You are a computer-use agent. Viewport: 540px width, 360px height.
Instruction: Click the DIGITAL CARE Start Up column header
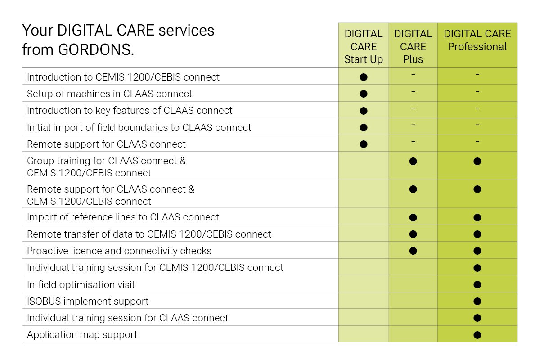(363, 46)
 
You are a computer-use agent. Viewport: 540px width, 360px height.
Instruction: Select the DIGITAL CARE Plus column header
(413, 46)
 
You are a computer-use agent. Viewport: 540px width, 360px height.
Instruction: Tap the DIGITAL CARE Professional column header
(477, 40)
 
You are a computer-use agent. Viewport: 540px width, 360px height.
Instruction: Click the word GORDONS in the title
(96, 49)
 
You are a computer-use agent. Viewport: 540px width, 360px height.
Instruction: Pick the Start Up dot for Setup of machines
(364, 94)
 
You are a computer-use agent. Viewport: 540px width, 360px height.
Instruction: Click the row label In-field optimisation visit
(81, 284)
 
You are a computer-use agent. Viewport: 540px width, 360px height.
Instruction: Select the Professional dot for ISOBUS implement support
(477, 301)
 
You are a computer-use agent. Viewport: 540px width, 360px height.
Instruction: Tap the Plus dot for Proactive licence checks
(413, 251)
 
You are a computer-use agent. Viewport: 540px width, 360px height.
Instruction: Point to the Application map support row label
(82, 335)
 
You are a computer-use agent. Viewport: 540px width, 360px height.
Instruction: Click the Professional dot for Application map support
(477, 335)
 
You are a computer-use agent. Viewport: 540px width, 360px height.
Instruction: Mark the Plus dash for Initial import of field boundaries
(413, 125)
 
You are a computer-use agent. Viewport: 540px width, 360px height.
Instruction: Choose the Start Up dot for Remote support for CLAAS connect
(364, 144)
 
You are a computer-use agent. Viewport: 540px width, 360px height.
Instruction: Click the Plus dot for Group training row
(413, 161)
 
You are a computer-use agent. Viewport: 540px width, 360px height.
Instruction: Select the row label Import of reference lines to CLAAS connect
(123, 217)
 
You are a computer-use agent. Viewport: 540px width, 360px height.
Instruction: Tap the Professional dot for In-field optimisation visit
(477, 284)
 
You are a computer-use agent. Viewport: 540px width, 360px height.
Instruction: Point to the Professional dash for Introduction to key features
(477, 108)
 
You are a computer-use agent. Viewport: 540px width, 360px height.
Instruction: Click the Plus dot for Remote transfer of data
(413, 234)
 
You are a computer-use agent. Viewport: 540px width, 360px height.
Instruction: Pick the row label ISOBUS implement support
(88, 301)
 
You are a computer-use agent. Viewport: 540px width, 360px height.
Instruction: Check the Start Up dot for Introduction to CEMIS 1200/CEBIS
(364, 77)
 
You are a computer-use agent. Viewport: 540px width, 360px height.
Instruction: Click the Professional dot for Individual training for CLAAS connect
(477, 318)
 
